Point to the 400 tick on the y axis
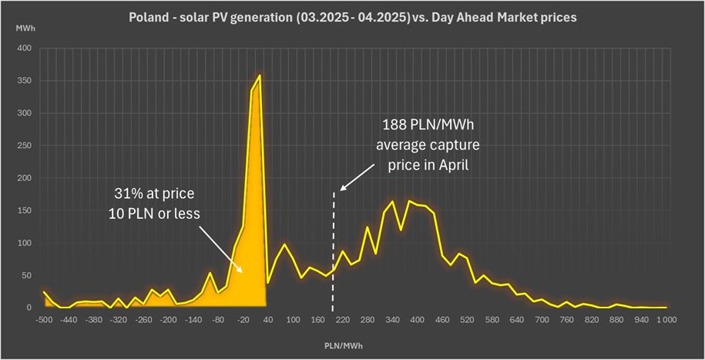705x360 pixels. click(x=25, y=49)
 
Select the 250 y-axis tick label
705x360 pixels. click(x=25, y=146)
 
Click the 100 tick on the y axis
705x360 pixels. click(x=25, y=243)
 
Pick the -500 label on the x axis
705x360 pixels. click(x=43, y=319)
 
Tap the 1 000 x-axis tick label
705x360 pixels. click(x=665, y=319)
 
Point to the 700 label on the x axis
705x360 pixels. click(x=542, y=319)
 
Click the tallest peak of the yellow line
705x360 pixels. click(x=260, y=76)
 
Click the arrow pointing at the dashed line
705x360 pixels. click(x=358, y=180)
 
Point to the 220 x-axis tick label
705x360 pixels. click(x=343, y=319)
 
